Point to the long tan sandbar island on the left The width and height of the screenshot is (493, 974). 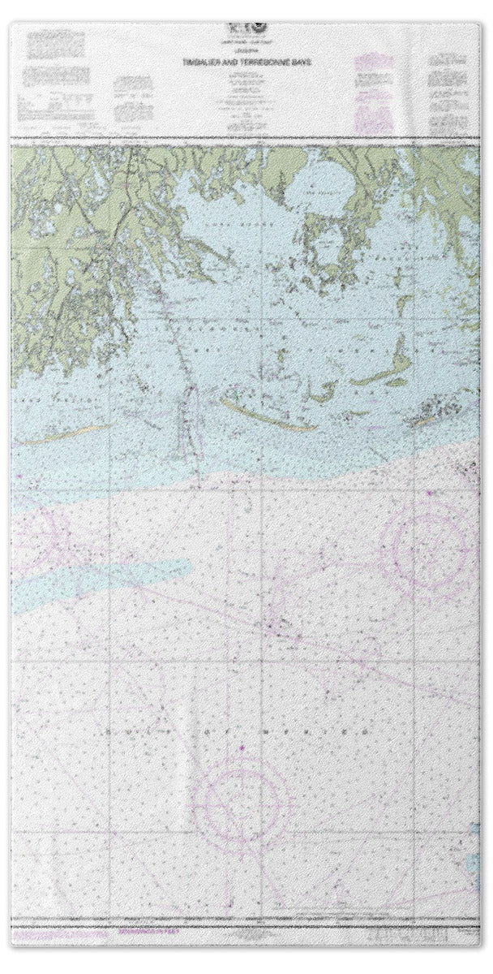tap(65, 435)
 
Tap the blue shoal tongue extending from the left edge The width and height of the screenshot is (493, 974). tap(81, 576)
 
